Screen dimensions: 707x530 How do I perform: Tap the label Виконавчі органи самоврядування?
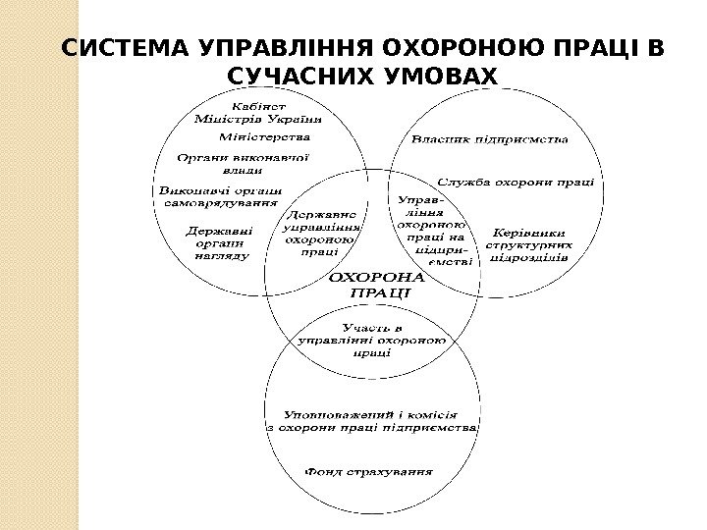click(220, 196)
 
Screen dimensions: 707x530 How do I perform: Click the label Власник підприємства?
click(489, 139)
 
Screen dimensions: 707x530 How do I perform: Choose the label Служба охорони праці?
click(516, 182)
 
